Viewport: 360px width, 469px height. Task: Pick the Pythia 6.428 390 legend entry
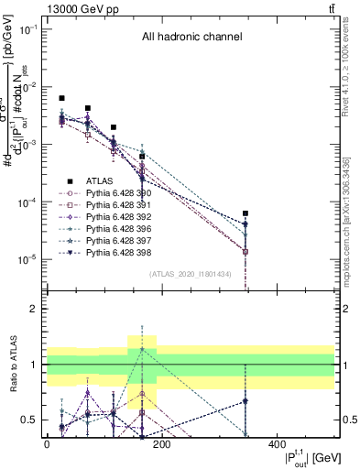[x=115, y=193]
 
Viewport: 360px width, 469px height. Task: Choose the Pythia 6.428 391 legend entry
[x=115, y=205]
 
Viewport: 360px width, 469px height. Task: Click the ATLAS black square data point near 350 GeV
[x=245, y=213]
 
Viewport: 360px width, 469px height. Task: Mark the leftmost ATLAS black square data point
[x=61, y=98]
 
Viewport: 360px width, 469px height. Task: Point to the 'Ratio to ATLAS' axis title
[x=15, y=364]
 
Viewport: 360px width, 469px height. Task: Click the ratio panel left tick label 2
[x=33, y=310]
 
